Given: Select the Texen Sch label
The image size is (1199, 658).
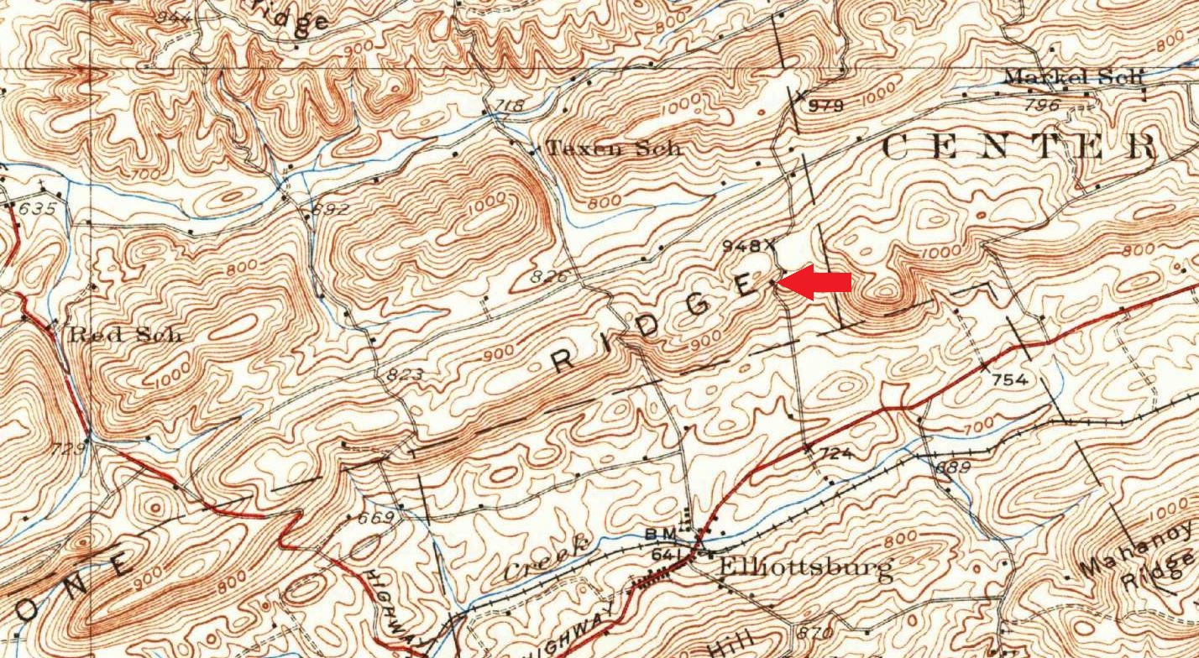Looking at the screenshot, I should pyautogui.click(x=613, y=149).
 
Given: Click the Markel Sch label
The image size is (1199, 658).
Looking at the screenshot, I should pyautogui.click(x=1074, y=77).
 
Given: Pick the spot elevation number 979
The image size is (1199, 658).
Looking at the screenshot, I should pyautogui.click(x=825, y=106).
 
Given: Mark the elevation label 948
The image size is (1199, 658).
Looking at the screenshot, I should pyautogui.click(x=746, y=246).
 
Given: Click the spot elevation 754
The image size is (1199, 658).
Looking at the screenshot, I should pyautogui.click(x=1009, y=379).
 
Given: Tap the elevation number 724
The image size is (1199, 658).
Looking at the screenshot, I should pyautogui.click(x=835, y=453).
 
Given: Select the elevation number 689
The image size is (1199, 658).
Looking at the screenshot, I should pyautogui.click(x=952, y=467).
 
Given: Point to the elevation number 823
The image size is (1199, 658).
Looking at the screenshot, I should pyautogui.click(x=405, y=374).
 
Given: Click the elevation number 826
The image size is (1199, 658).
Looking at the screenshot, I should pyautogui.click(x=550, y=276).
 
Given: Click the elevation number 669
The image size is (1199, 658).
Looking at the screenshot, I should pyautogui.click(x=375, y=518).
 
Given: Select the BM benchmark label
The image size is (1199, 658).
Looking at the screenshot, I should pyautogui.click(x=656, y=533).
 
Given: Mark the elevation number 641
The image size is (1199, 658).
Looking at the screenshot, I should pyautogui.click(x=665, y=554).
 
